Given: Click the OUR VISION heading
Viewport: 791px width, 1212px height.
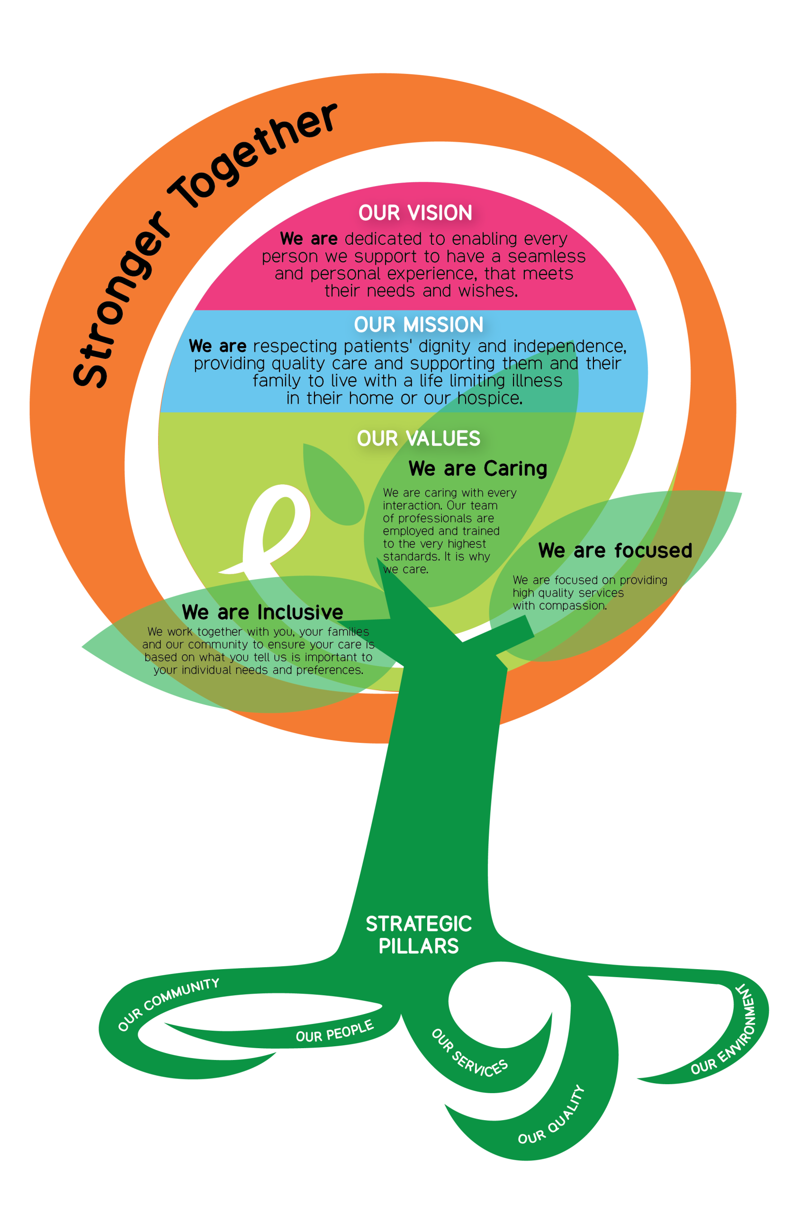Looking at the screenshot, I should (x=415, y=213).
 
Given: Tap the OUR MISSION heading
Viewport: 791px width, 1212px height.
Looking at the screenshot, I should (x=418, y=325).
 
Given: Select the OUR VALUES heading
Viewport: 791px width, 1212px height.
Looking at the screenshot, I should (x=418, y=438).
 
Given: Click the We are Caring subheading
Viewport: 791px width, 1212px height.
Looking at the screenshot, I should (x=478, y=469).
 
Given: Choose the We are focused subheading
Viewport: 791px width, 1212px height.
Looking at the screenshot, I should (x=615, y=551).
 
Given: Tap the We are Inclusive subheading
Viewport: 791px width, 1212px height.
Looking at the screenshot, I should (x=262, y=612).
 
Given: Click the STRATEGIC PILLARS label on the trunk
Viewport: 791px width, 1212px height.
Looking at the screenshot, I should (x=418, y=935).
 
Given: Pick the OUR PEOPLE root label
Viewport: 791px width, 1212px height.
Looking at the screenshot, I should (x=334, y=1032).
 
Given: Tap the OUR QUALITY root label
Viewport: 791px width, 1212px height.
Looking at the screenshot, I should (x=552, y=1116).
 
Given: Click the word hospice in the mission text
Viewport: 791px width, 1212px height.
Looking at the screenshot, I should (x=489, y=398).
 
